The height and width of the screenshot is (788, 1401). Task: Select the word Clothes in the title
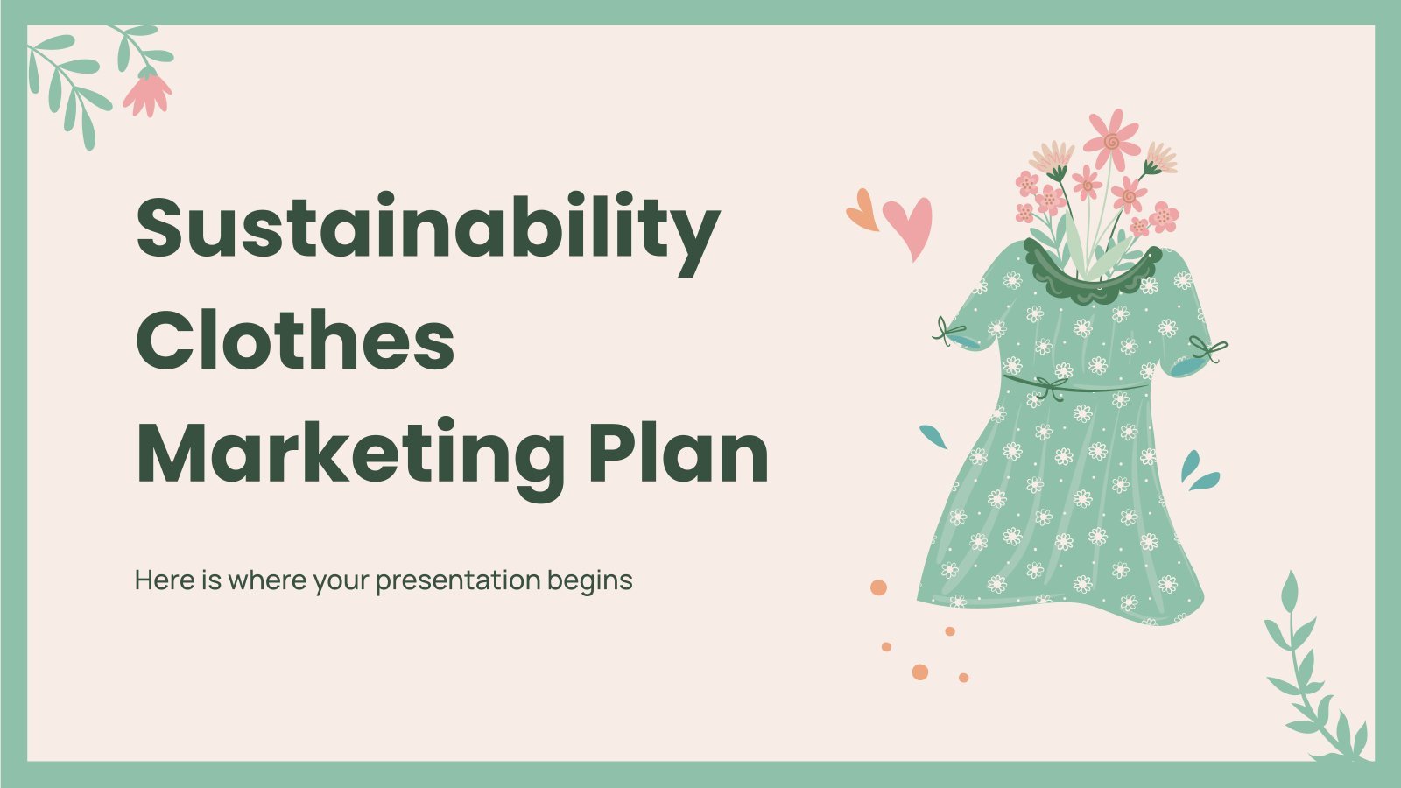point(295,341)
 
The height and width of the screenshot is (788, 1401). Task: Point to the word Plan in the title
point(679,450)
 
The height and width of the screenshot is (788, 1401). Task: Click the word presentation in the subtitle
point(458,581)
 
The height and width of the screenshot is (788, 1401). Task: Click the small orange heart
point(862,210)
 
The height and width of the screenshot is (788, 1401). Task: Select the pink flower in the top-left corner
point(148,93)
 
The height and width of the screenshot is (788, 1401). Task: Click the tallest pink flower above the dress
point(1112,140)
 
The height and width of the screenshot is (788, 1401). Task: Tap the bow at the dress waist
point(1051,388)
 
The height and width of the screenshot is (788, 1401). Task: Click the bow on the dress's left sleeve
point(946,332)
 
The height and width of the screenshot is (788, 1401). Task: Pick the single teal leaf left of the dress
point(933,437)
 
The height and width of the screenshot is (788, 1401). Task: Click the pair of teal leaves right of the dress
point(1199,472)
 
